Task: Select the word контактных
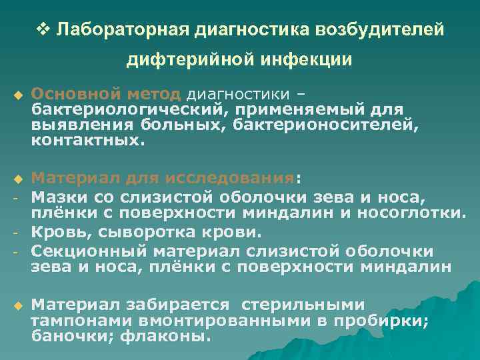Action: [87, 141]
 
